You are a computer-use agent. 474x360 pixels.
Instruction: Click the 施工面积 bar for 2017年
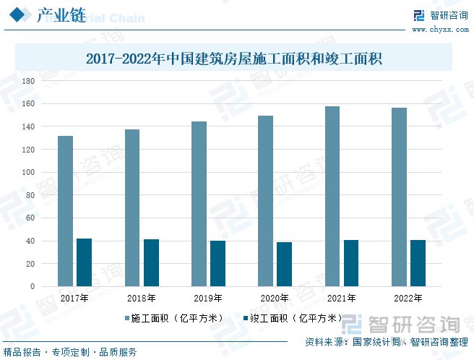[66, 211]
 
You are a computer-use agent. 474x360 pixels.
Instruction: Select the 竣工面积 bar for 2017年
[85, 262]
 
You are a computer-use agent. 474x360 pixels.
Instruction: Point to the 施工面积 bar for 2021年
[332, 197]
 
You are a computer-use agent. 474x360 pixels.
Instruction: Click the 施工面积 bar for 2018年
[132, 207]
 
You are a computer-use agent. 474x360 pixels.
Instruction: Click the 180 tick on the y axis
[28, 81]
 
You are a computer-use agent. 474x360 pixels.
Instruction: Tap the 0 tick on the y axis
[32, 286]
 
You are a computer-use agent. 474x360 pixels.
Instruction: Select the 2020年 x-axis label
[274, 298]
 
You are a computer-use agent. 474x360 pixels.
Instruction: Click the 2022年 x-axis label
[408, 298]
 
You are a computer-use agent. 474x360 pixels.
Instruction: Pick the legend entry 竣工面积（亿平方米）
[293, 318]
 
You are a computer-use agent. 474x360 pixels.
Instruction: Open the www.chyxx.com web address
[431, 30]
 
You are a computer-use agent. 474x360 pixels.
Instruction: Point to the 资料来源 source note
[386, 341]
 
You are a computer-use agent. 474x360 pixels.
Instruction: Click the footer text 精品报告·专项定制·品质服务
[70, 352]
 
